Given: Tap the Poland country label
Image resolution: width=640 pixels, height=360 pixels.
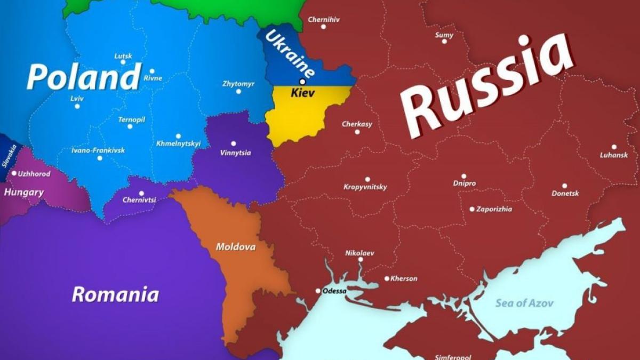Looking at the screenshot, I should pyautogui.click(x=84, y=77).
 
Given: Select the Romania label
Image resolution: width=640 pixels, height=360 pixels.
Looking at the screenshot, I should pyautogui.click(x=115, y=294).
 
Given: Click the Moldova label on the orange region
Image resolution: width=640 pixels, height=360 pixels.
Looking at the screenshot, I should pyautogui.click(x=235, y=247).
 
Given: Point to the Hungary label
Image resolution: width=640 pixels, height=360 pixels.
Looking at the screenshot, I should pyautogui.click(x=23, y=192).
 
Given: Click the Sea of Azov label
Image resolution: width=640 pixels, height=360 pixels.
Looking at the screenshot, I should pyautogui.click(x=524, y=303).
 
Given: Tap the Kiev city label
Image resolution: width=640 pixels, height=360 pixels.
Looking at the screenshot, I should pyautogui.click(x=302, y=93).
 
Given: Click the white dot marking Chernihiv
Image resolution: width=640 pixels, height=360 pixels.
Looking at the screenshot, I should pyautogui.click(x=323, y=27).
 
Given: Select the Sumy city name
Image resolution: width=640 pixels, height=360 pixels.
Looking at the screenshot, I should pyautogui.click(x=444, y=35).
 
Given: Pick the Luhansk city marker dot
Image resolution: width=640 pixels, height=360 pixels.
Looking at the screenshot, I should pyautogui.click(x=614, y=147).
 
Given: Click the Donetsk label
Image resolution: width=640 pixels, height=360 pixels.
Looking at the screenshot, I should pyautogui.click(x=565, y=194).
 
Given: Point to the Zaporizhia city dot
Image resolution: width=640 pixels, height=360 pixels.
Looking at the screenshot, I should pyautogui.click(x=472, y=209).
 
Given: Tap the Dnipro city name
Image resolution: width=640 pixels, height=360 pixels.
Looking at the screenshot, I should pyautogui.click(x=464, y=183).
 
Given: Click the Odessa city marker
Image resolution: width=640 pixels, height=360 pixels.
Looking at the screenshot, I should pyautogui.click(x=318, y=291).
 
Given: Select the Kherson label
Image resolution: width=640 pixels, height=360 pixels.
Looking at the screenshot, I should pyautogui.click(x=404, y=278).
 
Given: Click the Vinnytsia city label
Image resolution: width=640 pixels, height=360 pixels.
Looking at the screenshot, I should pyautogui.click(x=235, y=153).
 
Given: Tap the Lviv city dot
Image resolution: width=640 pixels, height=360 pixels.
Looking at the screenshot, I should pyautogui.click(x=77, y=106).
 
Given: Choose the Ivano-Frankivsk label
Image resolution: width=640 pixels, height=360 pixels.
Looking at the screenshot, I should pyautogui.click(x=98, y=150).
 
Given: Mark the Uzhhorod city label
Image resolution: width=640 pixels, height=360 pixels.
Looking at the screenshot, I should pyautogui.click(x=34, y=174).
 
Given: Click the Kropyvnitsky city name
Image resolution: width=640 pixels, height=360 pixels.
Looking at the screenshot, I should pyautogui.click(x=365, y=187).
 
